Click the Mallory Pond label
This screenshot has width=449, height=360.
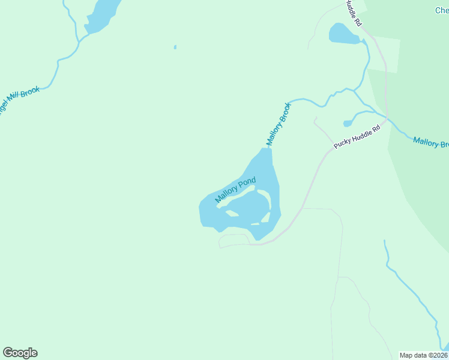click(235, 190)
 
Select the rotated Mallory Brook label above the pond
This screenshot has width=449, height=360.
click(279, 125)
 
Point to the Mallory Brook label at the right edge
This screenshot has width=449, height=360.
click(430, 143)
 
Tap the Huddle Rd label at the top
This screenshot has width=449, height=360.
click(354, 13)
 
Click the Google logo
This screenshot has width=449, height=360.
click(20, 353)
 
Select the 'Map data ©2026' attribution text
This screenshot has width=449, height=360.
click(424, 355)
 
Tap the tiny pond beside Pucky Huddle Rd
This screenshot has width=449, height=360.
click(348, 124)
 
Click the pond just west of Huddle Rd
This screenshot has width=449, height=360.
click(343, 34)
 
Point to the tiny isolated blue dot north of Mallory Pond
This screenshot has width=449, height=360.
click(175, 47)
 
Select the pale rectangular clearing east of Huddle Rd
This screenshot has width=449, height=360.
click(384, 54)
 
